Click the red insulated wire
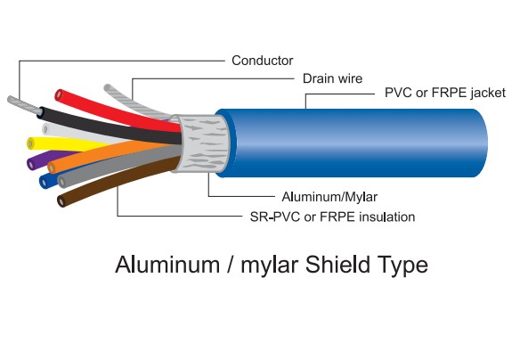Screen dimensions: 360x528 tap(107, 107)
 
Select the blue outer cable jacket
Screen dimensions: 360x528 tap(356, 143)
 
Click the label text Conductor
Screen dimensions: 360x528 tap(262, 61)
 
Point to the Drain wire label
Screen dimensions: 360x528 tap(332, 78)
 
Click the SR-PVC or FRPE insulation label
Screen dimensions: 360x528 tap(332, 217)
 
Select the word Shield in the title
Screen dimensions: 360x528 tap(336, 265)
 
